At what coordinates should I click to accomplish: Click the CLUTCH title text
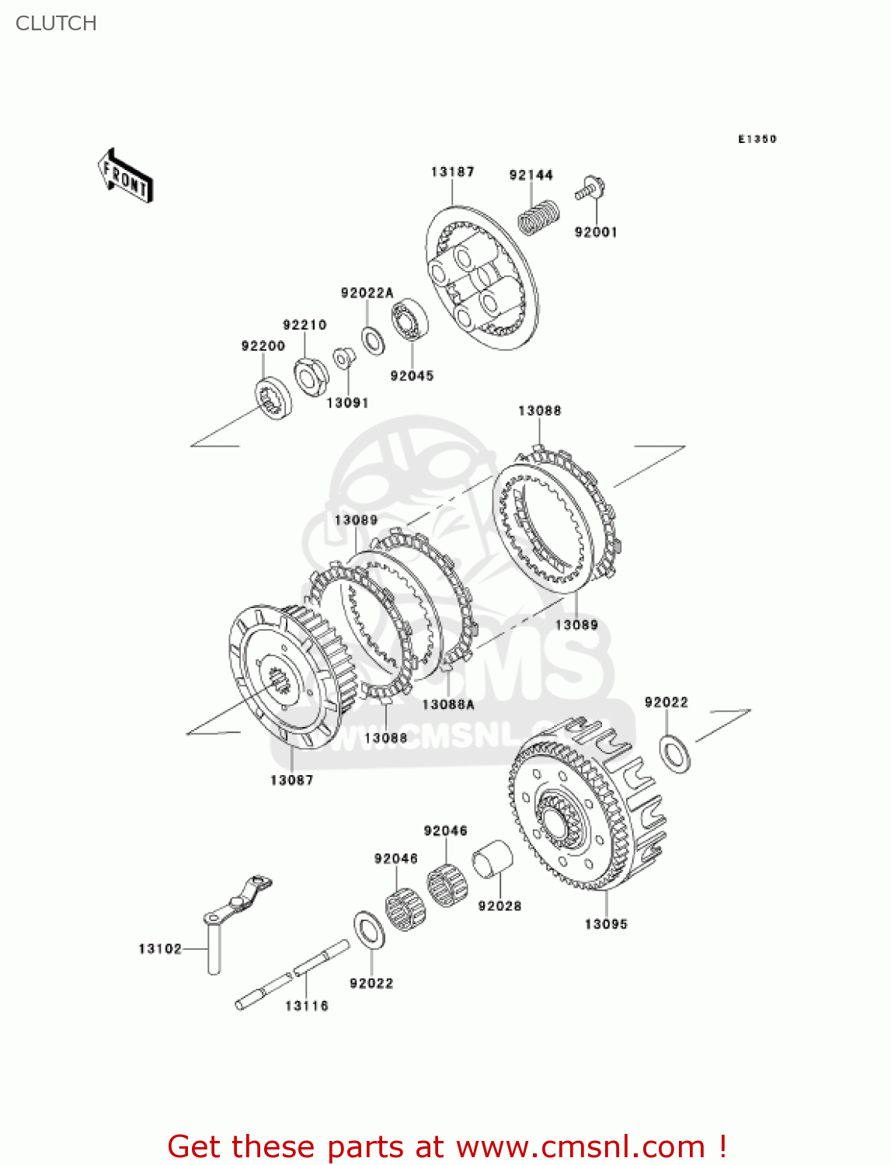coord(56,23)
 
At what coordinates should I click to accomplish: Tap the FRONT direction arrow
coord(125,176)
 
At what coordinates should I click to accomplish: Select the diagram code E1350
coord(757,139)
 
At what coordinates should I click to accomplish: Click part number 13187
coord(452,172)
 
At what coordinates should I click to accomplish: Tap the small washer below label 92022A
coord(373,340)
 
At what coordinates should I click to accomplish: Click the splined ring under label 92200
coord(273,397)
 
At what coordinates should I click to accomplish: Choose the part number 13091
coord(347,402)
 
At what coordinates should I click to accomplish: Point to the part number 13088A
coord(448,704)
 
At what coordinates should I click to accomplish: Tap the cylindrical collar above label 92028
coord(492,858)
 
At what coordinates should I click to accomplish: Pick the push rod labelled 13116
coord(294,974)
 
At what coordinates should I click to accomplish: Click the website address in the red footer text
coord(580,1146)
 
